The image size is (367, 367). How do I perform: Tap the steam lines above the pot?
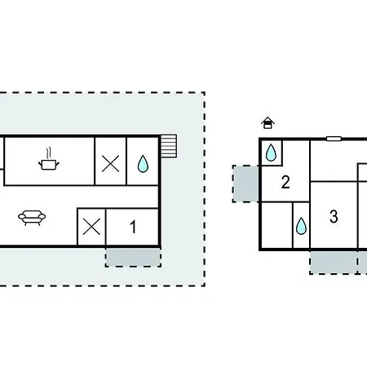pyautogui.click(x=49, y=153)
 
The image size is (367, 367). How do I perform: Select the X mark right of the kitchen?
pyautogui.click(x=110, y=164)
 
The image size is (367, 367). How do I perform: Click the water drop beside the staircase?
pyautogui.click(x=143, y=164)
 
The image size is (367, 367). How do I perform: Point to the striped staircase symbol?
pyautogui.click(x=169, y=146)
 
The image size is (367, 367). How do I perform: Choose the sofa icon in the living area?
pyautogui.click(x=32, y=218)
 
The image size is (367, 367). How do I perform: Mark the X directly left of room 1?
pyautogui.click(x=91, y=227)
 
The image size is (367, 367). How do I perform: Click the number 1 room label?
pyautogui.click(x=133, y=227)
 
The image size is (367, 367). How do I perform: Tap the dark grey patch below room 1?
pyautogui.click(x=133, y=257)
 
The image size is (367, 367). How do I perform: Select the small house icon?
pyautogui.click(x=268, y=123)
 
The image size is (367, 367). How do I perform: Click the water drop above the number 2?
pyautogui.click(x=271, y=153)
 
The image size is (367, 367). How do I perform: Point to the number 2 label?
pyautogui.click(x=285, y=182)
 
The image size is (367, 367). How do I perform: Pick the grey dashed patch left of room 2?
pyautogui.click(x=245, y=183)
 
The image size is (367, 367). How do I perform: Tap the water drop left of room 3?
pyautogui.click(x=301, y=226)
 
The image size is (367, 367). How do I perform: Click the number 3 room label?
pyautogui.click(x=334, y=217)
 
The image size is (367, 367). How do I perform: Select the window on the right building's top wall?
pyautogui.click(x=334, y=139)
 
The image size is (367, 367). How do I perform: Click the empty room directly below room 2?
pyautogui.click(x=277, y=225)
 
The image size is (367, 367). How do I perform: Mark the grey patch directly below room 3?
pyautogui.click(x=334, y=263)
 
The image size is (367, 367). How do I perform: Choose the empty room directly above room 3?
pyautogui.click(x=334, y=161)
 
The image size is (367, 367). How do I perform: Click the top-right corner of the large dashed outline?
pyautogui.click(x=205, y=93)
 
